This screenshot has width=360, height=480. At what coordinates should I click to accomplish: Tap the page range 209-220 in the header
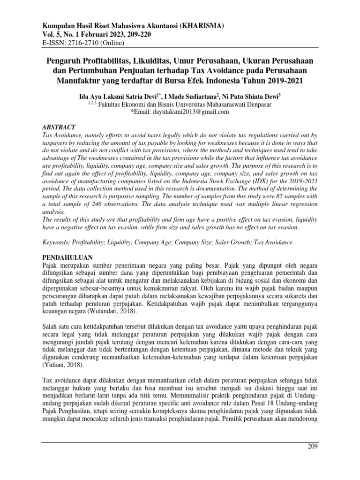(134, 35)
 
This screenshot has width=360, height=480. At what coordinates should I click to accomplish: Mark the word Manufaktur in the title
(80, 80)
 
